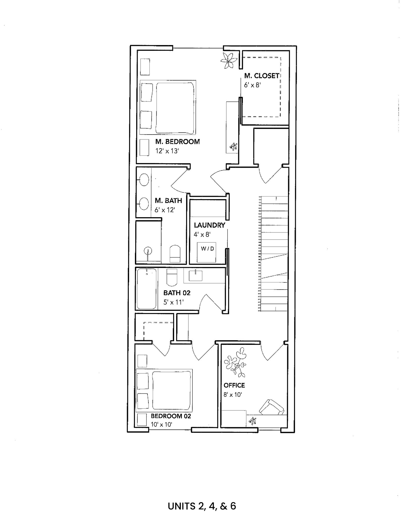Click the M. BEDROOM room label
(177, 142)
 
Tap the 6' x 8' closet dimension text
(252, 85)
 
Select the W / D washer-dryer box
(207, 252)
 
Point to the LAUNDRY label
(210, 225)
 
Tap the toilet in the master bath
(175, 254)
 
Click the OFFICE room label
(234, 385)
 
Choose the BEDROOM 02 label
(171, 416)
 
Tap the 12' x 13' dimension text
(167, 151)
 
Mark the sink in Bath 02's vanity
(196, 276)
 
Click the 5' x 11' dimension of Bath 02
(173, 302)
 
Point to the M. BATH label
(169, 201)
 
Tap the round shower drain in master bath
(148, 251)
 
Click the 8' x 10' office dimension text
(233, 395)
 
